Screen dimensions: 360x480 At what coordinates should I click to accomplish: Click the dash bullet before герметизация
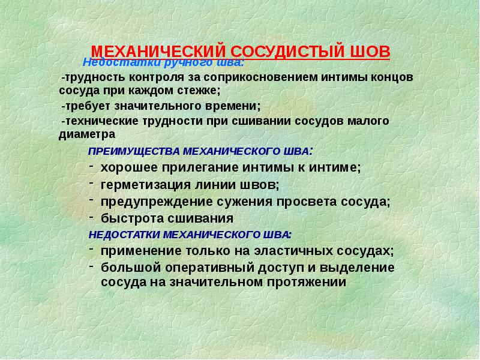[91, 181]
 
